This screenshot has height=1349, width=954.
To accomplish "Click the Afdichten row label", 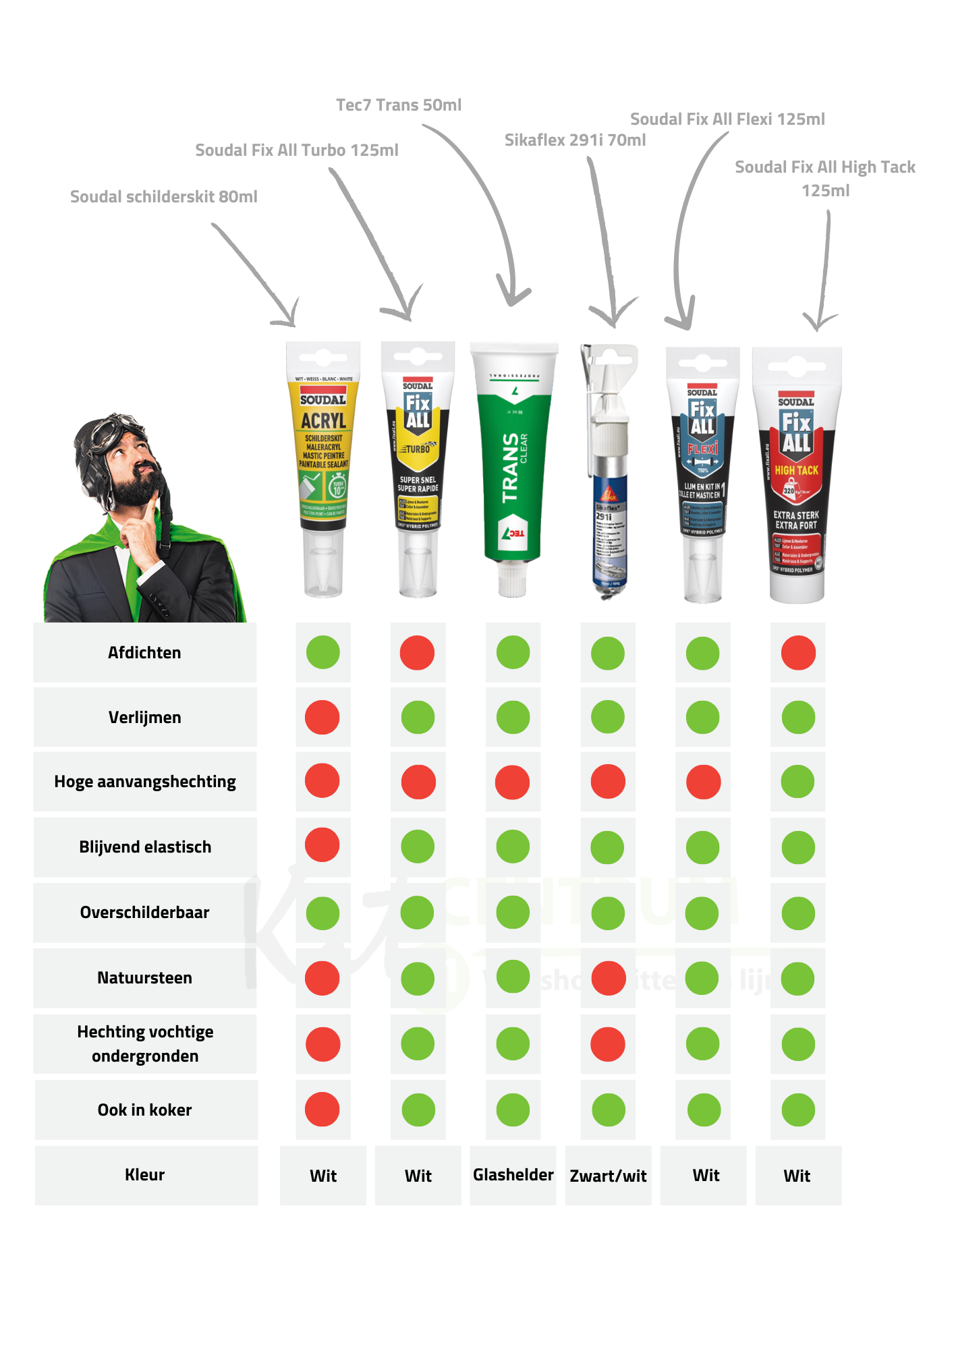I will (x=144, y=652).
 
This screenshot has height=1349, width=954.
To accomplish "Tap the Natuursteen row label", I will (x=144, y=977).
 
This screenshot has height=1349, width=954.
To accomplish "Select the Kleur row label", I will (x=144, y=1174).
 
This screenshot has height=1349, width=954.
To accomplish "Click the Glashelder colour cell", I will (x=513, y=1175).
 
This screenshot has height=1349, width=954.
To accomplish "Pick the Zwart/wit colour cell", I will (x=608, y=1176).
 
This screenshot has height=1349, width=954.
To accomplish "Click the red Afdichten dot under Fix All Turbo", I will (x=417, y=653).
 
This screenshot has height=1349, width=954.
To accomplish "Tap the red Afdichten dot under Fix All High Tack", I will (x=798, y=653).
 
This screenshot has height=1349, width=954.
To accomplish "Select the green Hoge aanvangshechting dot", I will (x=798, y=782).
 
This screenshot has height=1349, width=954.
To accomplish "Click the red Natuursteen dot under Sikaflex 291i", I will (x=608, y=978).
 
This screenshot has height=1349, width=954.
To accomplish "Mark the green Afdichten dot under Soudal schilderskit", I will (x=323, y=652).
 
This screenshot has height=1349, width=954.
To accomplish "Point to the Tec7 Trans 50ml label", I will (x=399, y=105).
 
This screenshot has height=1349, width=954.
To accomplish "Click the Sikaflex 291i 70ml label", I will (x=575, y=140).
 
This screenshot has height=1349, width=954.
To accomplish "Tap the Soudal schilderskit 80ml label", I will (x=164, y=197).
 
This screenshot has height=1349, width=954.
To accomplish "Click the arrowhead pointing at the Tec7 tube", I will (x=513, y=297).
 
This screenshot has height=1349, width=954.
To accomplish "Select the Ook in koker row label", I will (x=144, y=1110).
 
